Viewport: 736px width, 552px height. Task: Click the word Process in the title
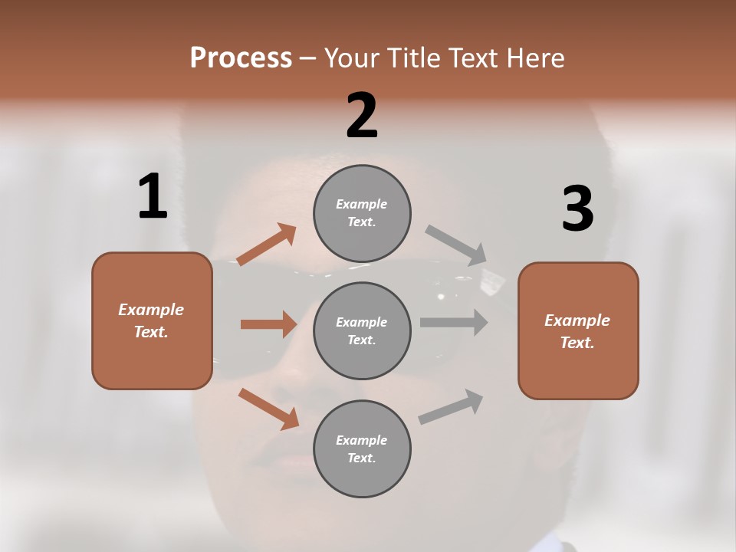click(241, 58)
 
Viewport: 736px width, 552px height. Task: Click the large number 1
click(153, 196)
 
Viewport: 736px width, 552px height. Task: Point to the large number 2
click(362, 115)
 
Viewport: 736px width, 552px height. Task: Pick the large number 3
click(577, 209)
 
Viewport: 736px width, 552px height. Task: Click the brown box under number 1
click(152, 320)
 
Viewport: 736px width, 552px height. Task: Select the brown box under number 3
click(578, 330)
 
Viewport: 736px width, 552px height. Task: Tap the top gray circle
click(362, 213)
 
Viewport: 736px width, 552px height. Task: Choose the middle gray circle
click(362, 330)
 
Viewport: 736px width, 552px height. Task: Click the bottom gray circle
click(362, 449)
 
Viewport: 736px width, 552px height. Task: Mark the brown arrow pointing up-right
click(267, 245)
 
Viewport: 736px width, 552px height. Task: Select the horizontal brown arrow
click(268, 324)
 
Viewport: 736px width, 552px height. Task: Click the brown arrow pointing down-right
click(268, 409)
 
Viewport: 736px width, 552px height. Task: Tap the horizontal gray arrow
click(454, 323)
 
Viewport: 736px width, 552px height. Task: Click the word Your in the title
click(352, 58)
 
